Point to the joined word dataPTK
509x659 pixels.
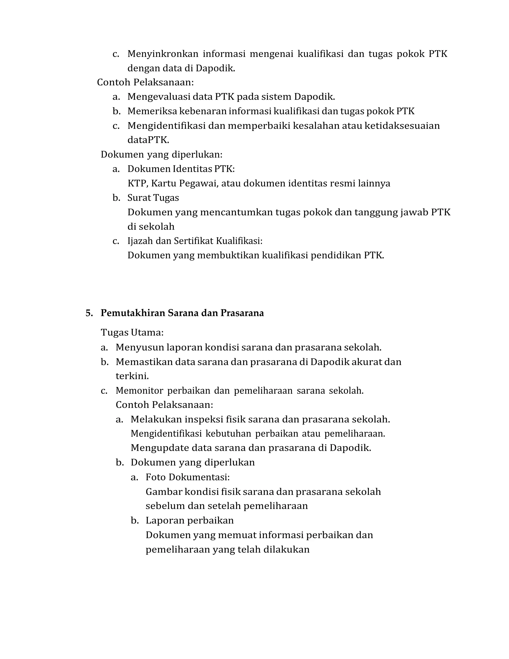148,140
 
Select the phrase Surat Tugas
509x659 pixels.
153,198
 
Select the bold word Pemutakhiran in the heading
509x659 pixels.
133,313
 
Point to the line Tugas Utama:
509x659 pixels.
132,333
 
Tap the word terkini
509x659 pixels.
132,376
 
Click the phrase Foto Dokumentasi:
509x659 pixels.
188,477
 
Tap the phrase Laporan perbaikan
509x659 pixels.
190,520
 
